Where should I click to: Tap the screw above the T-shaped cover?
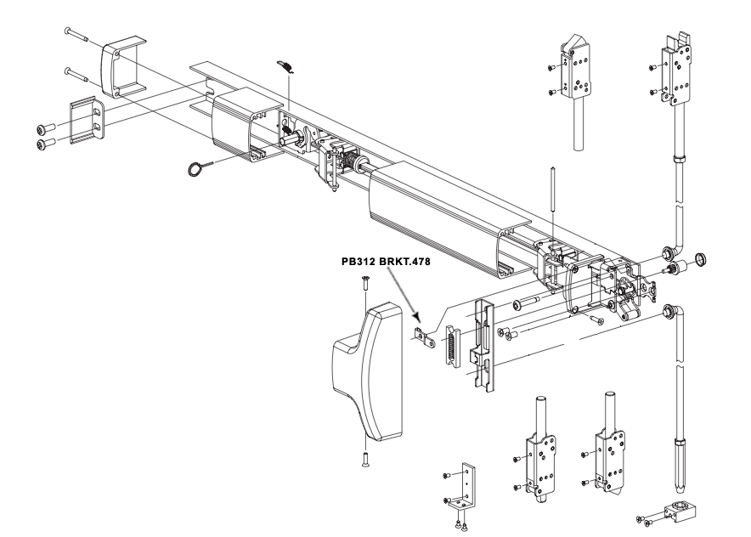click(x=362, y=285)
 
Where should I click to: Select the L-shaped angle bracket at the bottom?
click(x=466, y=487)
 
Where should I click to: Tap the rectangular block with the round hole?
click(x=680, y=512)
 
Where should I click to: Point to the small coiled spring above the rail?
click(x=286, y=67)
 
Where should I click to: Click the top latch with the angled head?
click(x=577, y=77)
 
